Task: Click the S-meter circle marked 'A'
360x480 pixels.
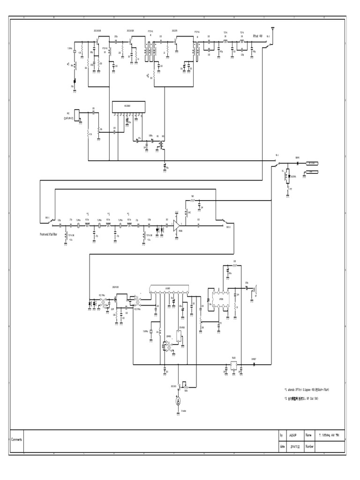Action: pos(178,401)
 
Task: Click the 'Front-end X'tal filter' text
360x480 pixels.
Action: pos(52,232)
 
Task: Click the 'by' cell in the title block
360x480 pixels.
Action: pos(282,435)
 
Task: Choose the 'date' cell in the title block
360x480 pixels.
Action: pos(282,447)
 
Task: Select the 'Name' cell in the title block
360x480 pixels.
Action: pos(309,435)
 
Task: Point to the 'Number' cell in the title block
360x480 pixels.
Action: pos(310,447)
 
